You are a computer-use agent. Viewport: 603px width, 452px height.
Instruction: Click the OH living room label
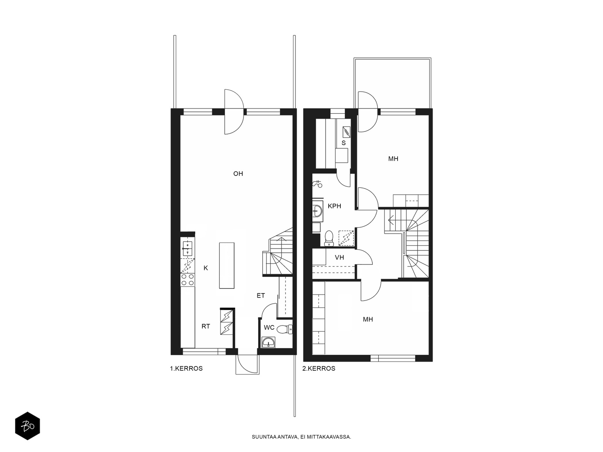[x=238, y=174]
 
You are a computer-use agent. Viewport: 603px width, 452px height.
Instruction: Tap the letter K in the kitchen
[x=206, y=268]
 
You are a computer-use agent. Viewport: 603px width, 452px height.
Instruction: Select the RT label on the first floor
[x=206, y=326]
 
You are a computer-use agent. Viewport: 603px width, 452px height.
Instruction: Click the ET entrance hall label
[x=261, y=296]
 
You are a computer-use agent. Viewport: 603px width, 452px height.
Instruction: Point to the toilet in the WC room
[x=285, y=329]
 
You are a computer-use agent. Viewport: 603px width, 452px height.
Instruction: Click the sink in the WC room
[x=268, y=342]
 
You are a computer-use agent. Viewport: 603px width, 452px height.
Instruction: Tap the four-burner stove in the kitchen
[x=187, y=280]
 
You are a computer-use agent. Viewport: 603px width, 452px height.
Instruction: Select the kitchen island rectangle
[x=227, y=266]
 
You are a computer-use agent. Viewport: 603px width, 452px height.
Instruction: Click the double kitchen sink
[x=187, y=248]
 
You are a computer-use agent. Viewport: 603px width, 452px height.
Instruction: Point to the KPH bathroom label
[x=334, y=206]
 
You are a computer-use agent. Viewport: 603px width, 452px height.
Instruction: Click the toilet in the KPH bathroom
[x=329, y=238]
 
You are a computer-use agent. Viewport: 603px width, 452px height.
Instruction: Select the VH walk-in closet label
[x=340, y=257]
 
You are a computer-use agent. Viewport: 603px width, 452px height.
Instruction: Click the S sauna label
[x=343, y=143]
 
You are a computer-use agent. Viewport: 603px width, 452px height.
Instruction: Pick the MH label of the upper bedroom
[x=393, y=159]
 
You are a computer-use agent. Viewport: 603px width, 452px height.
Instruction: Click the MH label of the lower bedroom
[x=368, y=319]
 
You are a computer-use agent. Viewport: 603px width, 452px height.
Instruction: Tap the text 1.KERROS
[x=186, y=369]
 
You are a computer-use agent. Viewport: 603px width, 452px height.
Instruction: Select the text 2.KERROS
[x=319, y=369]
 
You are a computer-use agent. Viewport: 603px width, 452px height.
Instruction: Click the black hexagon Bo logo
[x=28, y=426]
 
